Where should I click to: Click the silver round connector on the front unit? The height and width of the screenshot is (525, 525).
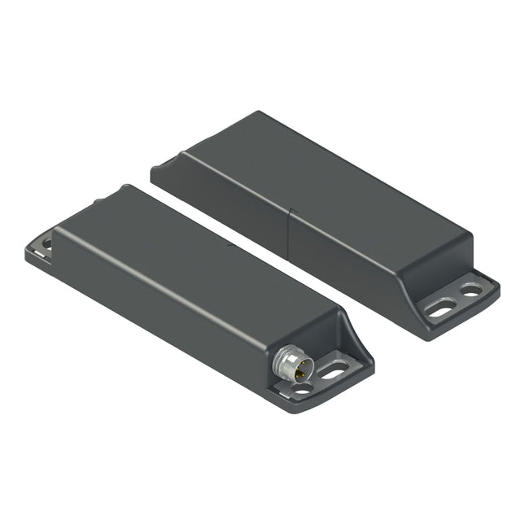tap(291, 363)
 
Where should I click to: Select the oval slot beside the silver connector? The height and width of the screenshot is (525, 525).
tap(333, 373)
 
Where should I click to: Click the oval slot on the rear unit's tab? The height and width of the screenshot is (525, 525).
tap(440, 308)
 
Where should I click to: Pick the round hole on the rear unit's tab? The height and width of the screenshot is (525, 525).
tap(471, 289)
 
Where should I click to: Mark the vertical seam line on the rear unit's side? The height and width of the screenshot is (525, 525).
tap(289, 237)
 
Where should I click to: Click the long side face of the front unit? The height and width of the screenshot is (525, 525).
tap(163, 317)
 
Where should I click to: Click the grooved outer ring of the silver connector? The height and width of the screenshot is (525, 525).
tap(284, 359)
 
